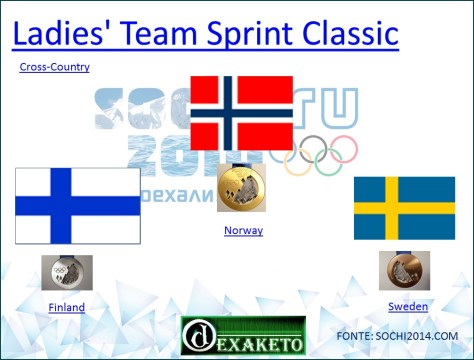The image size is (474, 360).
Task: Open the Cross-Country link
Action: point(55,67)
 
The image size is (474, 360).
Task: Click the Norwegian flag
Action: point(241,113)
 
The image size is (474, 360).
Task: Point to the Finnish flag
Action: point(77,205)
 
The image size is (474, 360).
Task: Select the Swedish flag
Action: point(404,208)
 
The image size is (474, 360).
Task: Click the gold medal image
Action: point(243,187)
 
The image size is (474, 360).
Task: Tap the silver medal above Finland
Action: point(67,272)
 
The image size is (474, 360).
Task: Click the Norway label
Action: point(243,230)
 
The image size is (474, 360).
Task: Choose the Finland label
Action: point(67,307)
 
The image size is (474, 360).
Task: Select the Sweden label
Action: point(408,306)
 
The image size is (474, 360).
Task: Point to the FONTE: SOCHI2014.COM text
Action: point(404,336)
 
